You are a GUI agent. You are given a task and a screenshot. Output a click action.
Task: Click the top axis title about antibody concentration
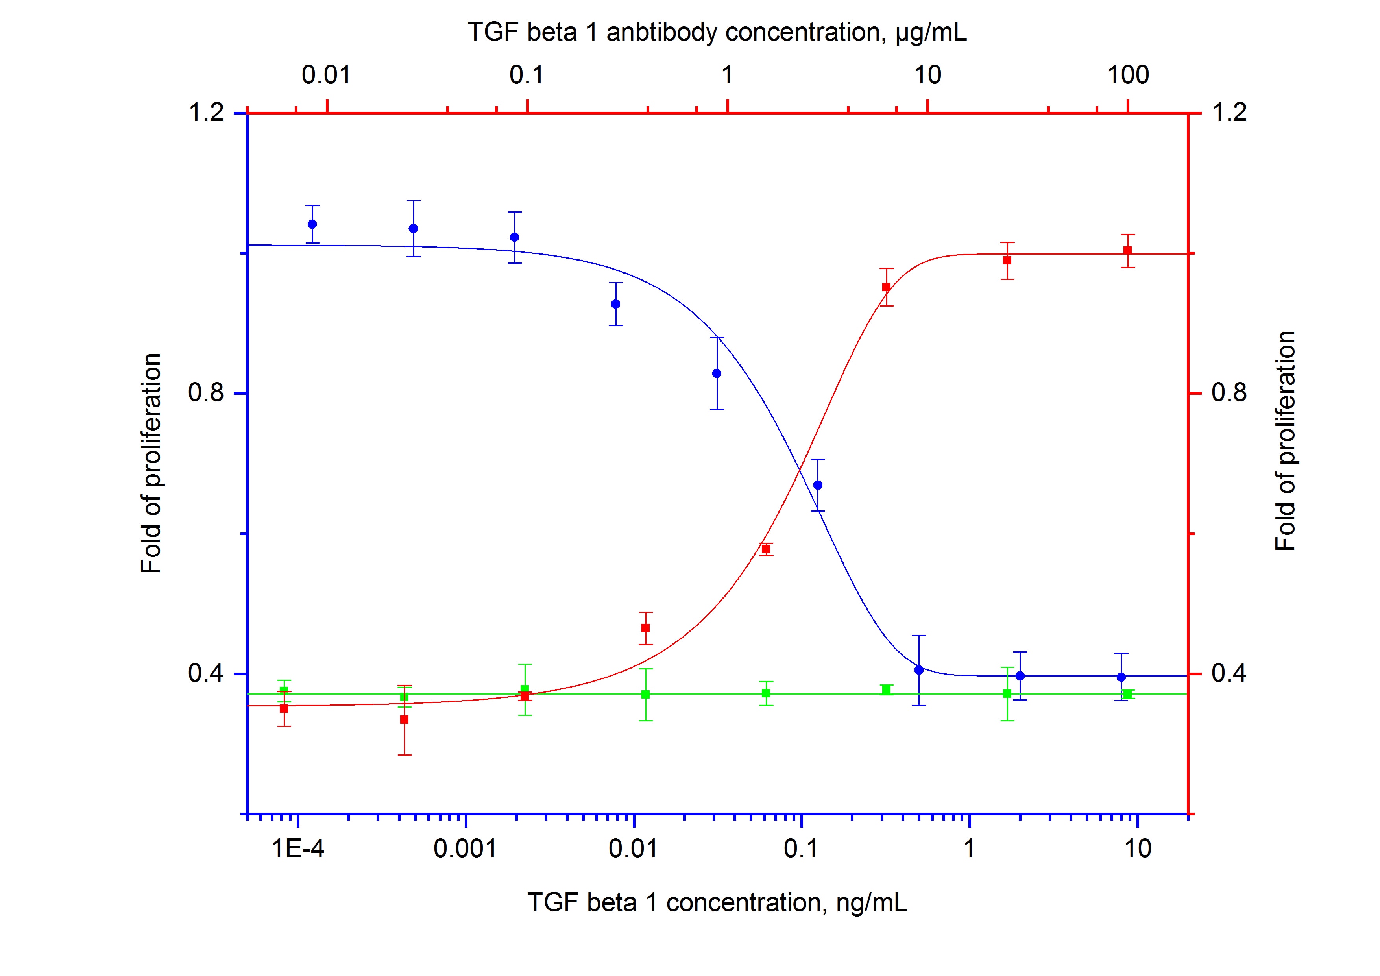point(717,32)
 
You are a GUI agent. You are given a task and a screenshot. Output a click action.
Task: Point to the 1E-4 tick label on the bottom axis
point(298,848)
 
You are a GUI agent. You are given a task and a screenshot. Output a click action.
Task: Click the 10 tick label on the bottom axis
point(1137,848)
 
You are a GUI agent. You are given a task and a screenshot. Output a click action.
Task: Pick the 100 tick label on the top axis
point(1128,75)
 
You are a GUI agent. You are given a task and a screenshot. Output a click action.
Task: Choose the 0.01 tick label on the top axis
point(326,75)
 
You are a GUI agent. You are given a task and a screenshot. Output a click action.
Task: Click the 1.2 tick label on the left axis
point(206,113)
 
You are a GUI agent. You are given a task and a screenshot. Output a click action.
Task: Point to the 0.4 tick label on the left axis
point(206,673)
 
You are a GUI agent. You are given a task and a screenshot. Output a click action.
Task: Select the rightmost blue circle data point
point(1121,677)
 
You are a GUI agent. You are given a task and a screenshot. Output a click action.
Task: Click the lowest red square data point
point(405,720)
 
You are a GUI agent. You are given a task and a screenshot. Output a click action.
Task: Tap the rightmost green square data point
point(1127,695)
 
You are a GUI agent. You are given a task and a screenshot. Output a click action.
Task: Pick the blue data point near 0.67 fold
point(817,485)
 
